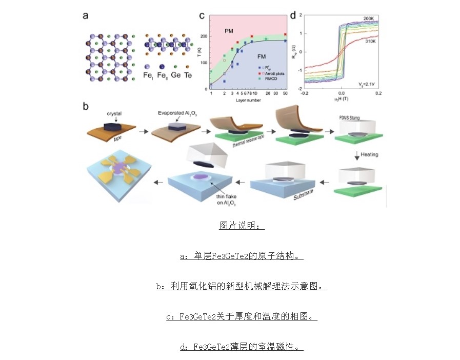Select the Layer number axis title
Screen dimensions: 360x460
click(x=248, y=100)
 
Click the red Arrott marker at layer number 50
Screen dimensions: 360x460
click(x=285, y=34)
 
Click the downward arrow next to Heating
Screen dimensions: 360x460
click(x=356, y=155)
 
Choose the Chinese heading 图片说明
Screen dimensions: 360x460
click(x=241, y=226)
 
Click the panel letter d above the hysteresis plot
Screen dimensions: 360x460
click(x=293, y=15)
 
